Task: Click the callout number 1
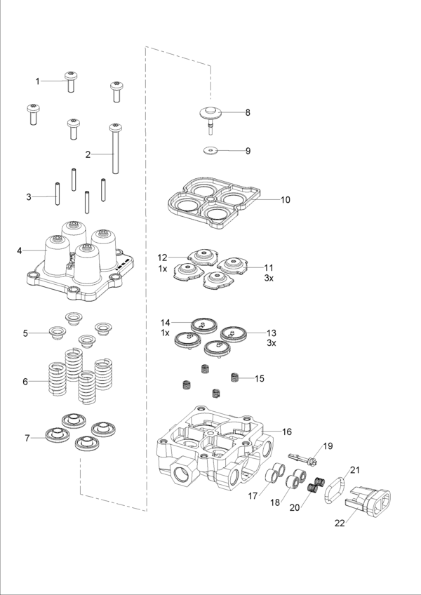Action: click(x=38, y=81)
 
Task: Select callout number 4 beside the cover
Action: click(x=20, y=250)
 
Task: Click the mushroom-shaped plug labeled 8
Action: click(x=208, y=114)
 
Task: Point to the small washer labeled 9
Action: click(x=210, y=150)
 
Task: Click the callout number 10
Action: click(x=285, y=200)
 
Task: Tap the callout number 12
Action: click(x=162, y=258)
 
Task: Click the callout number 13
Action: click(x=272, y=333)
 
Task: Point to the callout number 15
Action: click(x=260, y=379)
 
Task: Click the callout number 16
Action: click(x=286, y=432)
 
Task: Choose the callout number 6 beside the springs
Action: click(x=25, y=382)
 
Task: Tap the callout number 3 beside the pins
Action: click(x=29, y=197)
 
